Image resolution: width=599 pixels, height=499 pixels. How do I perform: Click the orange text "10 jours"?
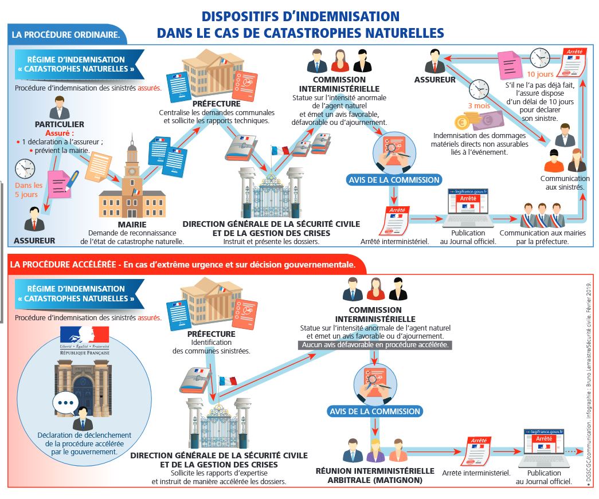[x=539, y=74]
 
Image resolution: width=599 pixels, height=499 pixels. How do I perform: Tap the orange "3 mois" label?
[x=479, y=105]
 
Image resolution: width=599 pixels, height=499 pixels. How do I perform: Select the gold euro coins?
[x=463, y=122]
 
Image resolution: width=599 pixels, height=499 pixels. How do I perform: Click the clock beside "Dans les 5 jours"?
[x=25, y=168]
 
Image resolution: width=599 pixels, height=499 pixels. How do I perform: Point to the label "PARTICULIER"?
[x=60, y=124]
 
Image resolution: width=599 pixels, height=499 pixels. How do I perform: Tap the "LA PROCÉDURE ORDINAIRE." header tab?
[x=66, y=34]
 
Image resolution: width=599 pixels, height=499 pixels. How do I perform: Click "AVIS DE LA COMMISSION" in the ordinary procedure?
[x=394, y=179]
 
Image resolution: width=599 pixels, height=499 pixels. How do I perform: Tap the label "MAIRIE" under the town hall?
[x=132, y=225]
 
